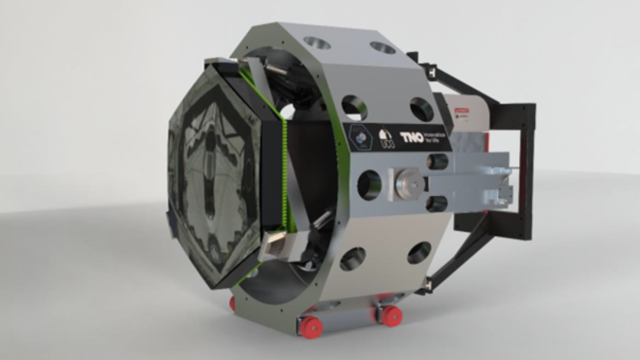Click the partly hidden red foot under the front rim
232,303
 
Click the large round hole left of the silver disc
370,185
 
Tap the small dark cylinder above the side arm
437,162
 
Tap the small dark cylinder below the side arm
437,203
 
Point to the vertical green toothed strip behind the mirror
285,172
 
